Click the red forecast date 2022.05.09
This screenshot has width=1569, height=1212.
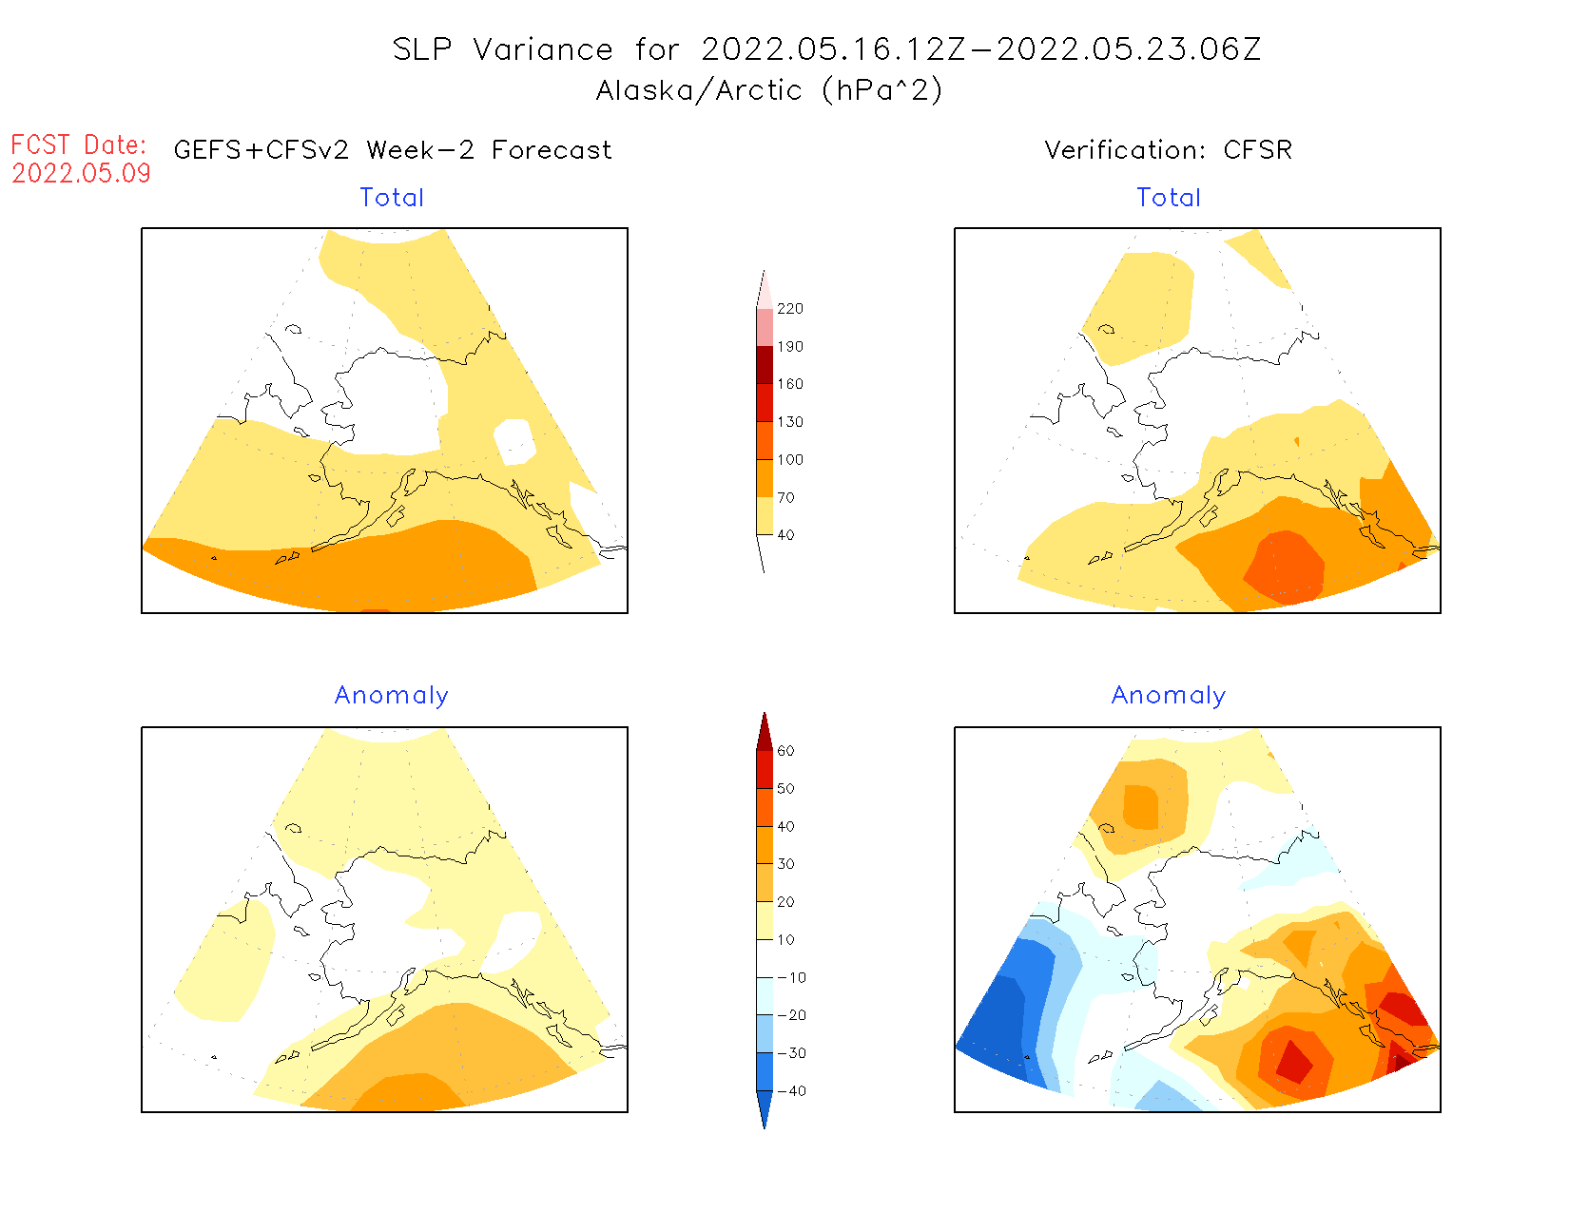[81, 173]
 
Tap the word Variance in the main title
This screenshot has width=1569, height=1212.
[543, 49]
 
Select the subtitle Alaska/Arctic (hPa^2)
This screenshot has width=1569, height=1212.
[769, 90]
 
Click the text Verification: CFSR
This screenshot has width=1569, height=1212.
[1168, 150]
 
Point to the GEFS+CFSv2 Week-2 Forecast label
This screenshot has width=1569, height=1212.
[393, 150]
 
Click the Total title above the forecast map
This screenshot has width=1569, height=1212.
[392, 198]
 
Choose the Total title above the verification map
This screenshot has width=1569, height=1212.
[1169, 198]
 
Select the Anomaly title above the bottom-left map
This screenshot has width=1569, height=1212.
[391, 696]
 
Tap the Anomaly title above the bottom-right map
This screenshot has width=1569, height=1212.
[1169, 696]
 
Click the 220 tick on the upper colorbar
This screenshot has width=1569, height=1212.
[789, 309]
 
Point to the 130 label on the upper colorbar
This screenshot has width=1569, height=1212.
[789, 422]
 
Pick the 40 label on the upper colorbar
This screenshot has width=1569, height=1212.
[785, 535]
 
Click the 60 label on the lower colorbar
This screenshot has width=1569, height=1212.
[785, 751]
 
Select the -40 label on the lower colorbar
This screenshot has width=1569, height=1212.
[791, 1091]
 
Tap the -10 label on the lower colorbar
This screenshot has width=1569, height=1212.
[791, 977]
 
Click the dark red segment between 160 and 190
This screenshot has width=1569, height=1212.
[765, 365]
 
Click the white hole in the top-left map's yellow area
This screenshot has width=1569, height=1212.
[514, 441]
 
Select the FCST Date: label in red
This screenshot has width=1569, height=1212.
[79, 145]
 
